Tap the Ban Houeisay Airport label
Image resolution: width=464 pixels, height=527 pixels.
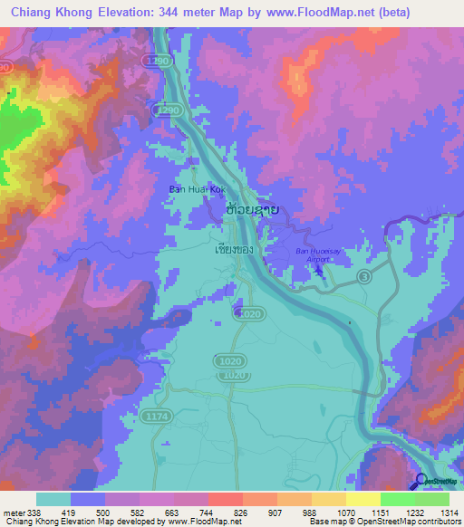[x=314, y=254]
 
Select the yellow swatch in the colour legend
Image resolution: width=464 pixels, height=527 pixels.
[x=362, y=499]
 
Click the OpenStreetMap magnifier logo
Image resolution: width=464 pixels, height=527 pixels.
[x=420, y=483]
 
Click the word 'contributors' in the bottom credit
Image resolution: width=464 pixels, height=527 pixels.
[x=439, y=522]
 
